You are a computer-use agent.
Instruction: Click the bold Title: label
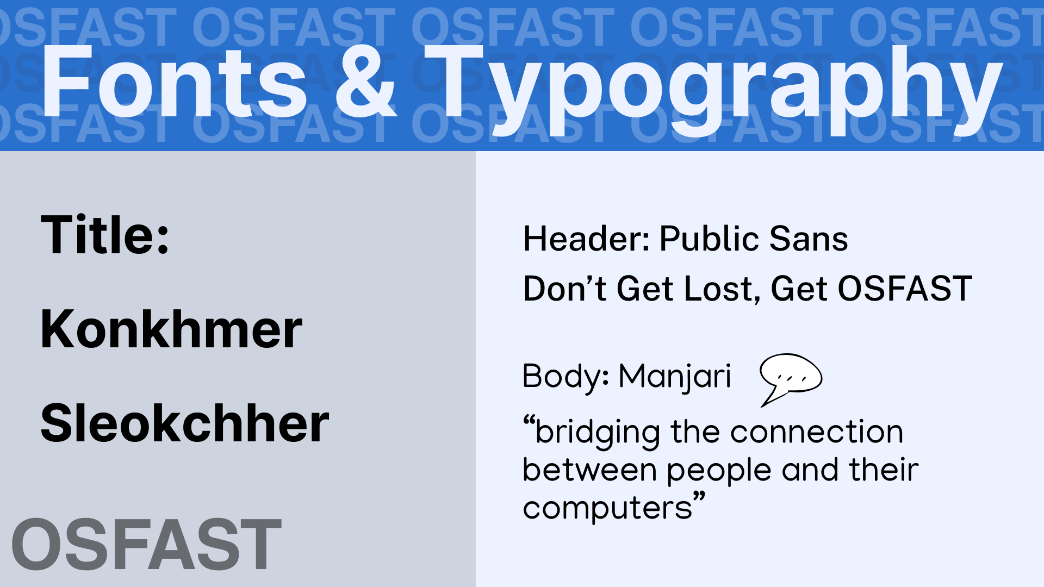pos(105,235)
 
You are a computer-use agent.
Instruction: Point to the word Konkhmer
pos(171,329)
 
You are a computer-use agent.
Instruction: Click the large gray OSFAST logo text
pos(146,545)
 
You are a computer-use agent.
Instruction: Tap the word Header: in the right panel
pos(586,239)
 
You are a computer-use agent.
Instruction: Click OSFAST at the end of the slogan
pos(904,289)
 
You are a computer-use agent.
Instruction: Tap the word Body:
pos(565,377)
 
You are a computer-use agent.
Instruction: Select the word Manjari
pos(675,377)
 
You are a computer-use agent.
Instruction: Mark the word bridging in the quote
pos(597,433)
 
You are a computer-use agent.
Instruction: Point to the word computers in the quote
pos(607,509)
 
